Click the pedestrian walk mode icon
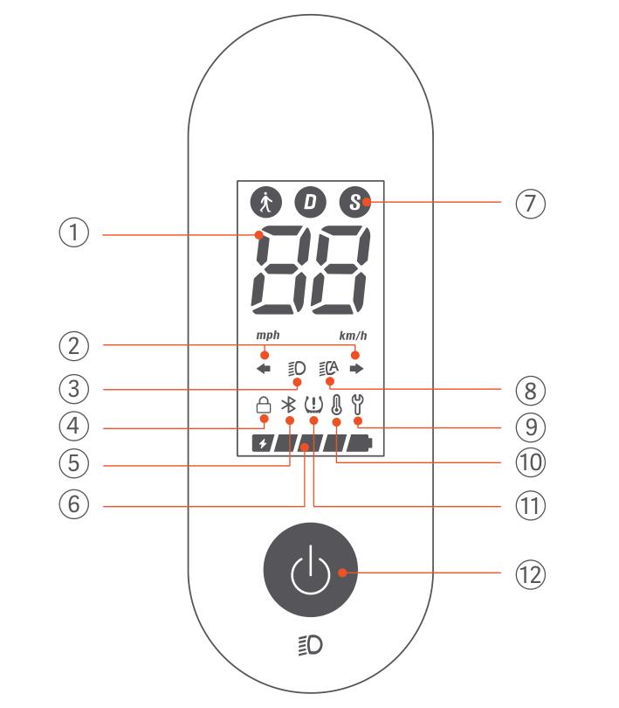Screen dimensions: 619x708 pyautogui.click(x=265, y=202)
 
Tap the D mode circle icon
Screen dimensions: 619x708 pyautogui.click(x=311, y=202)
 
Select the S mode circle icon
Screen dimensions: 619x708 pyautogui.click(x=355, y=202)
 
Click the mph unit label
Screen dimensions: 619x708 pyautogui.click(x=268, y=335)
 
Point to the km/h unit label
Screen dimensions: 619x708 pyautogui.click(x=354, y=336)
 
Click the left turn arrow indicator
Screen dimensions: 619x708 pyautogui.click(x=264, y=369)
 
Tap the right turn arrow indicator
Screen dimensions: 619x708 pyautogui.click(x=356, y=369)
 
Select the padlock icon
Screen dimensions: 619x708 pyautogui.click(x=264, y=405)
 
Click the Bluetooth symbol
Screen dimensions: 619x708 pyautogui.click(x=288, y=405)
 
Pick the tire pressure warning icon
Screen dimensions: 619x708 pyautogui.click(x=313, y=405)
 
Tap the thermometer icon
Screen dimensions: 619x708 pyautogui.click(x=336, y=405)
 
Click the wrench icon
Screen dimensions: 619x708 pyautogui.click(x=358, y=405)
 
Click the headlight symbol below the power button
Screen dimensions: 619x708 pyautogui.click(x=311, y=645)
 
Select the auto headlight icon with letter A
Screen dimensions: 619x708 pyautogui.click(x=328, y=369)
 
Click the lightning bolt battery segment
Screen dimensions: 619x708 pyautogui.click(x=263, y=444)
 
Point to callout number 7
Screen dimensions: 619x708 pyautogui.click(x=531, y=203)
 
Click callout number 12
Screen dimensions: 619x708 pyautogui.click(x=531, y=574)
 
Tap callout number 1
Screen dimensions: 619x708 pyautogui.click(x=74, y=233)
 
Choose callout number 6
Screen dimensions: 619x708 pyautogui.click(x=74, y=504)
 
